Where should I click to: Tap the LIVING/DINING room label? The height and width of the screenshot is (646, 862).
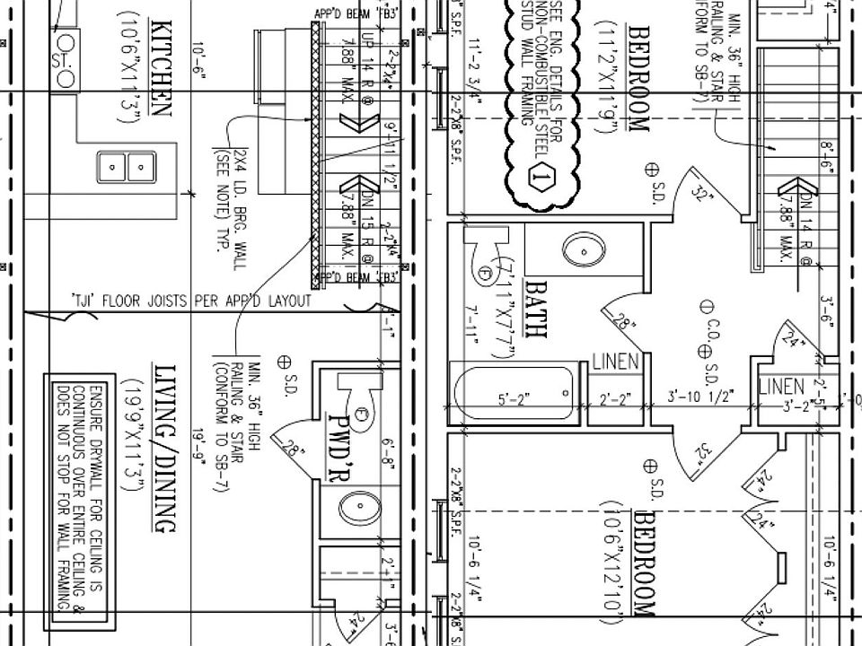pyautogui.click(x=164, y=449)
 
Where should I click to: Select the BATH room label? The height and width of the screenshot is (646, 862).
pyautogui.click(x=536, y=309)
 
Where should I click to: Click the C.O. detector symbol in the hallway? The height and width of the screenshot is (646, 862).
pyautogui.click(x=707, y=307)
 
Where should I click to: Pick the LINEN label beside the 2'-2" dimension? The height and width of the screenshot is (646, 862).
pyautogui.click(x=615, y=362)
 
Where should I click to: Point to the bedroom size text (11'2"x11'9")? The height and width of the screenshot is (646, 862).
pyautogui.click(x=614, y=76)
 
